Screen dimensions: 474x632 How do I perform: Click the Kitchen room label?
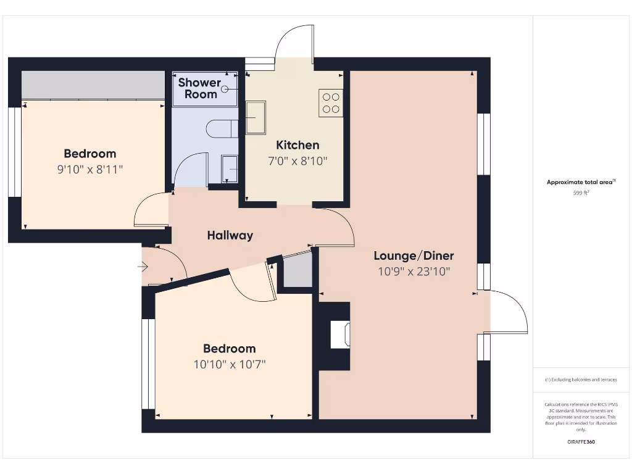click(x=297, y=145)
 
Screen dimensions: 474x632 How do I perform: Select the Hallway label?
click(x=230, y=235)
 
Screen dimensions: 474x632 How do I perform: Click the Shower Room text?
click(x=199, y=88)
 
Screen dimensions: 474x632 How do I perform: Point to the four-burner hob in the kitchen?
click(x=331, y=103)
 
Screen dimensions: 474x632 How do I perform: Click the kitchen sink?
click(x=256, y=118)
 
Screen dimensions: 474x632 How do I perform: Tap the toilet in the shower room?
click(x=221, y=128)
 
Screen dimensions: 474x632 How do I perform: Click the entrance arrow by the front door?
click(x=143, y=267)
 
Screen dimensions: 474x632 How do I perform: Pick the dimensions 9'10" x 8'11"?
click(x=90, y=169)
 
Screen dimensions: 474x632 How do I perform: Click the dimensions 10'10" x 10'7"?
click(x=230, y=364)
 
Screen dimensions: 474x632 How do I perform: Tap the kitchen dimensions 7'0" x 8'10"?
click(x=297, y=160)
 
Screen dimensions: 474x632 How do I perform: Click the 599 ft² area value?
click(x=581, y=193)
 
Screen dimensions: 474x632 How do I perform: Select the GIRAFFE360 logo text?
click(x=581, y=442)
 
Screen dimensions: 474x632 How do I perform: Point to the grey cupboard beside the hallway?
click(x=297, y=272)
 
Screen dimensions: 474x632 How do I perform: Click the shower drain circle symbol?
click(x=225, y=89)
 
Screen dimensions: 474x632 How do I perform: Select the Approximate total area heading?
click(x=580, y=182)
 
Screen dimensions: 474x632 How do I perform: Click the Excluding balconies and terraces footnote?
click(x=581, y=380)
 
